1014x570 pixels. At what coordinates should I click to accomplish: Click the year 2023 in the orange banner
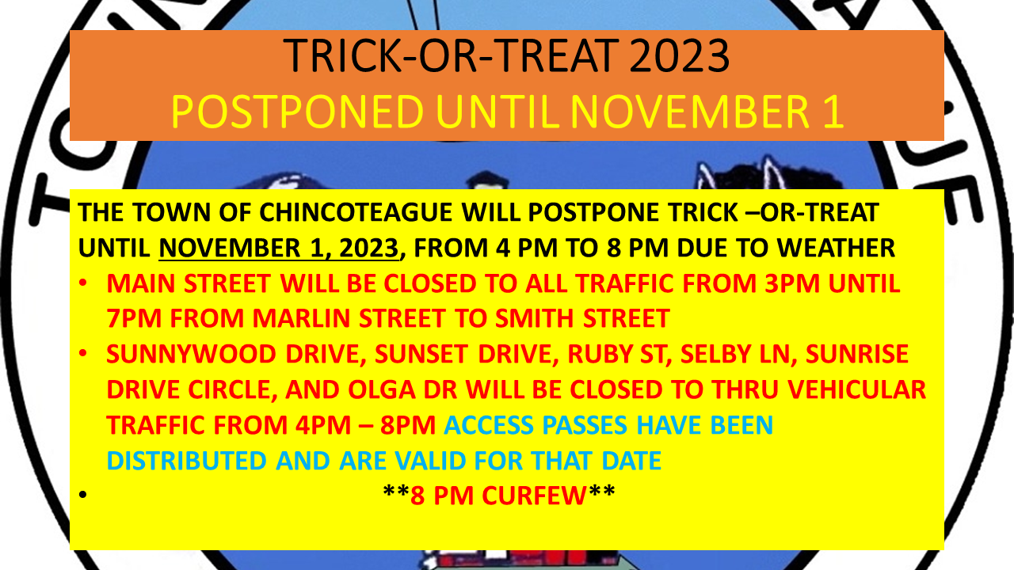tap(680, 55)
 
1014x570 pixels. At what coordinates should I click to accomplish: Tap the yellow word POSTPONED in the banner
tap(297, 112)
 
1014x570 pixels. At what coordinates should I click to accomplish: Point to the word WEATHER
tap(836, 248)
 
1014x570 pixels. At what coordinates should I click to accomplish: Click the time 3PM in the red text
tap(792, 283)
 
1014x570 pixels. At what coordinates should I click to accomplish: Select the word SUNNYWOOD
tap(191, 354)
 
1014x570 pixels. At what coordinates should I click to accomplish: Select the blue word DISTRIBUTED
tap(186, 461)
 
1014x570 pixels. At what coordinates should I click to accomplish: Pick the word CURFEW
tap(534, 496)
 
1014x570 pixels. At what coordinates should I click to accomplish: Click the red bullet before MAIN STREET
tap(82, 283)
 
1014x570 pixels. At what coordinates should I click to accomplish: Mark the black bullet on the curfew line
tap(82, 495)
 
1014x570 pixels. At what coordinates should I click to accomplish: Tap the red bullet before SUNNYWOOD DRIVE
tap(82, 353)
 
